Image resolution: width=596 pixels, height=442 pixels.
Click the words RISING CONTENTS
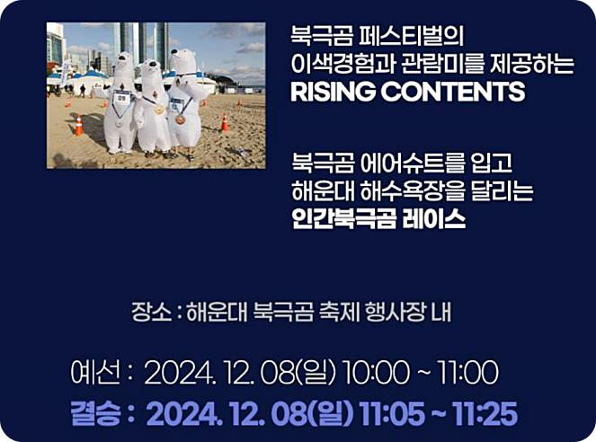coord(407,92)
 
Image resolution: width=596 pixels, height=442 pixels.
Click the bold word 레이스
coord(436,219)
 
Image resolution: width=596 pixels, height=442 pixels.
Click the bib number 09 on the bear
coord(122,98)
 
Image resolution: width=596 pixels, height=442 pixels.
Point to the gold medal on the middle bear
coord(160,110)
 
